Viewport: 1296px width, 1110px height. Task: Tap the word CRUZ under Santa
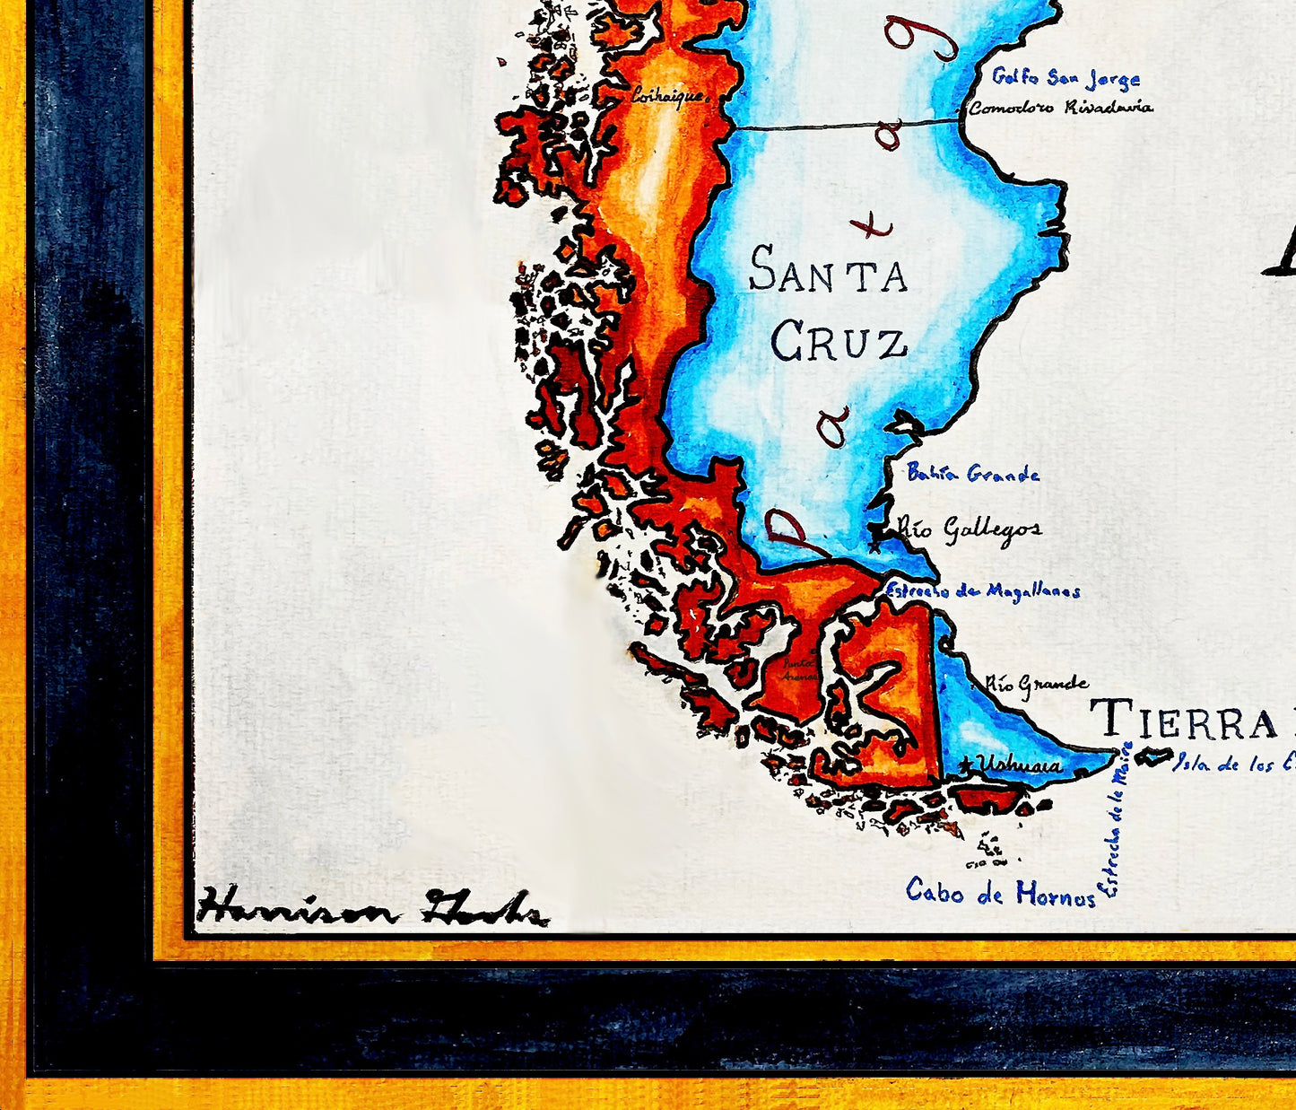tap(839, 343)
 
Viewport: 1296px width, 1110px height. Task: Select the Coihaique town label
tap(669, 95)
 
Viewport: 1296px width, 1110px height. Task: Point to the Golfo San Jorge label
tap(1066, 79)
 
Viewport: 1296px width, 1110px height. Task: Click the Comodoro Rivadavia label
tap(1061, 108)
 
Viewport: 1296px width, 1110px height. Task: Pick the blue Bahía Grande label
tap(973, 473)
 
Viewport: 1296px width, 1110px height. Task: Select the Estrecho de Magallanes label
tap(983, 591)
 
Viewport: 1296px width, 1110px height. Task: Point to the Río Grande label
tap(1037, 685)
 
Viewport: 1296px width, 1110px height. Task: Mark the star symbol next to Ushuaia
tap(966, 765)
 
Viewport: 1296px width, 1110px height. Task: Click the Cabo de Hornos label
tap(1000, 892)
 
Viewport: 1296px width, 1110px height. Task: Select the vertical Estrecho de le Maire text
tap(1115, 818)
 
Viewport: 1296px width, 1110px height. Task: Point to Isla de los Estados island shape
tap(1152, 756)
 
